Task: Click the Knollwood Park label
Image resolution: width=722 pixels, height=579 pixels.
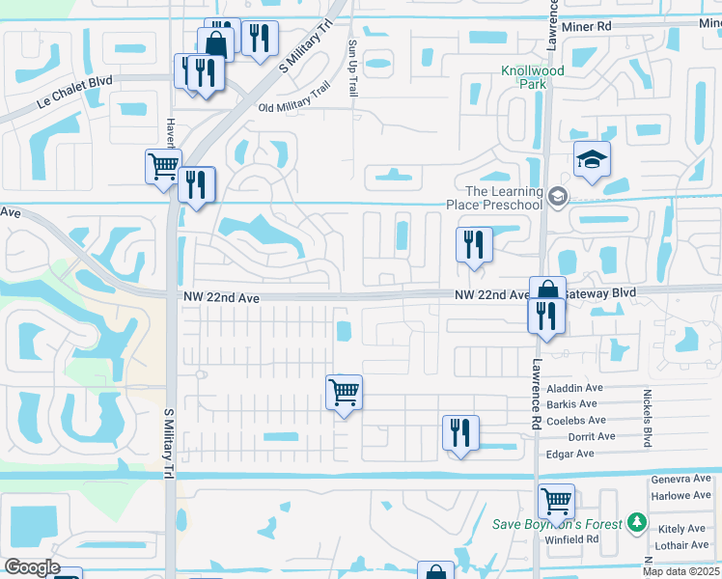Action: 524,77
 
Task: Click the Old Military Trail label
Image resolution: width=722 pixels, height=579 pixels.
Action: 294,107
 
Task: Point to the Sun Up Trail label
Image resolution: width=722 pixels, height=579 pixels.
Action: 353,68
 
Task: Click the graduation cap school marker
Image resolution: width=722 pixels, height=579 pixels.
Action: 592,159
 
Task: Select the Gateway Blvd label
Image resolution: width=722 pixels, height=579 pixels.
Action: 599,292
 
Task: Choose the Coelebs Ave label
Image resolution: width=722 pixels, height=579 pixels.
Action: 576,420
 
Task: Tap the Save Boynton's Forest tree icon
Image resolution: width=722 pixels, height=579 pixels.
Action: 636,523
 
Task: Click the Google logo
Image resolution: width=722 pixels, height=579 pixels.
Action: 33,567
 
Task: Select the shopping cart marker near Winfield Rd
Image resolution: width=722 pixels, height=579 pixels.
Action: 557,502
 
